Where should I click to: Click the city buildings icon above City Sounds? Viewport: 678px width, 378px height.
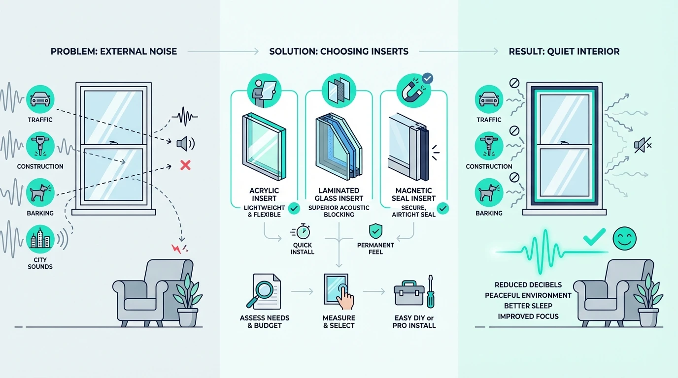(x=40, y=239)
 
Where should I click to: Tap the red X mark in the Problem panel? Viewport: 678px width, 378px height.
(x=185, y=165)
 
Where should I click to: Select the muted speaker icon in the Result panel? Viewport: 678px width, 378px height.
(x=643, y=145)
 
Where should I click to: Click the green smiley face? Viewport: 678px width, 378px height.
(x=624, y=238)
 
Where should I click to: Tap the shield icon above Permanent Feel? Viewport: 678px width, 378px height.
(x=375, y=231)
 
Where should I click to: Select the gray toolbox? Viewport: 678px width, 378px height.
(x=408, y=293)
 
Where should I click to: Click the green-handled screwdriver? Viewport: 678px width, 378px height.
(x=431, y=291)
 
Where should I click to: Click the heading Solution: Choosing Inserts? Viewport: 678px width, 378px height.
(x=339, y=51)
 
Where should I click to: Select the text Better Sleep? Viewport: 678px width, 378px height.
(x=528, y=306)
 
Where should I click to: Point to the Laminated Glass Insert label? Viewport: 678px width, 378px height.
(x=339, y=194)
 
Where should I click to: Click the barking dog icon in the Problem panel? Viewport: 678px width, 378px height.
(x=40, y=192)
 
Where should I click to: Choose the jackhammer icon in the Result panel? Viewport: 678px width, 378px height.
(x=489, y=146)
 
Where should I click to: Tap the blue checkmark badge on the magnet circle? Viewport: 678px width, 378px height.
(x=427, y=79)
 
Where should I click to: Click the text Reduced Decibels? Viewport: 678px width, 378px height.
(x=528, y=284)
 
